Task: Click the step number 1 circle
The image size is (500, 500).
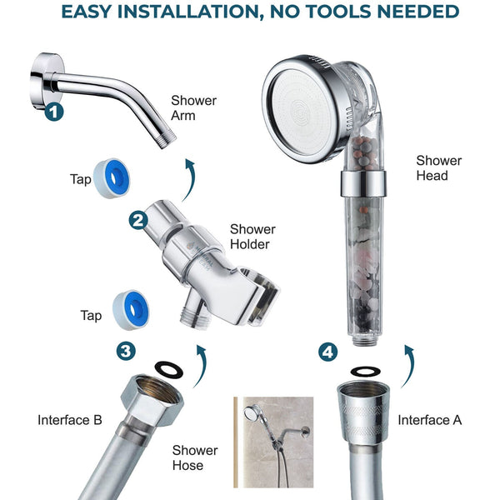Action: (x=54, y=112)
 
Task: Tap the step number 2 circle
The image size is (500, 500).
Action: (x=138, y=221)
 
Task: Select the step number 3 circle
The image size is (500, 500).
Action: (x=126, y=351)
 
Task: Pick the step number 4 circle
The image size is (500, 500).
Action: (x=327, y=352)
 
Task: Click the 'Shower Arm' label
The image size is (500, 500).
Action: (x=193, y=107)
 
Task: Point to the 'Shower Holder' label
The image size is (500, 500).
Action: (x=252, y=237)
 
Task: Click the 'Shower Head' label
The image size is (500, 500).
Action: (x=439, y=168)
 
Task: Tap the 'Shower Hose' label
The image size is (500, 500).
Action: (x=195, y=457)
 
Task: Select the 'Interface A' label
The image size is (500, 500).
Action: (x=429, y=420)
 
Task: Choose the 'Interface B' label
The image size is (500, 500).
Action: (x=70, y=420)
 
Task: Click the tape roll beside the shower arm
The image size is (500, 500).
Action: (x=112, y=178)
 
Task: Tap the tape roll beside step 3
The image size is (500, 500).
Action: (x=131, y=309)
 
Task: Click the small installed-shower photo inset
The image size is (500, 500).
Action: (x=273, y=442)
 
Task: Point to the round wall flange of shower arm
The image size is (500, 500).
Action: (x=47, y=81)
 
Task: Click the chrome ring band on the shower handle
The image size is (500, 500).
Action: (x=363, y=184)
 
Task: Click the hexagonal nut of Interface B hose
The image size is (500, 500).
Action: (x=152, y=400)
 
